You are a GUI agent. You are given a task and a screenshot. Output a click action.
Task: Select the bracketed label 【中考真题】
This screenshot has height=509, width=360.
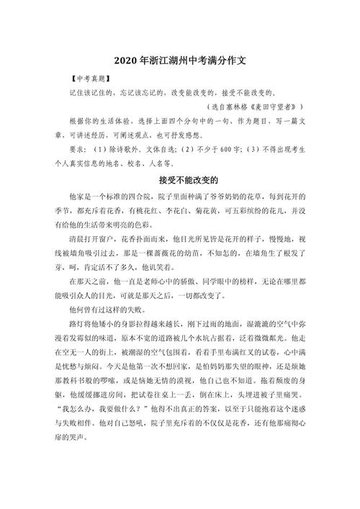click(86, 78)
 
